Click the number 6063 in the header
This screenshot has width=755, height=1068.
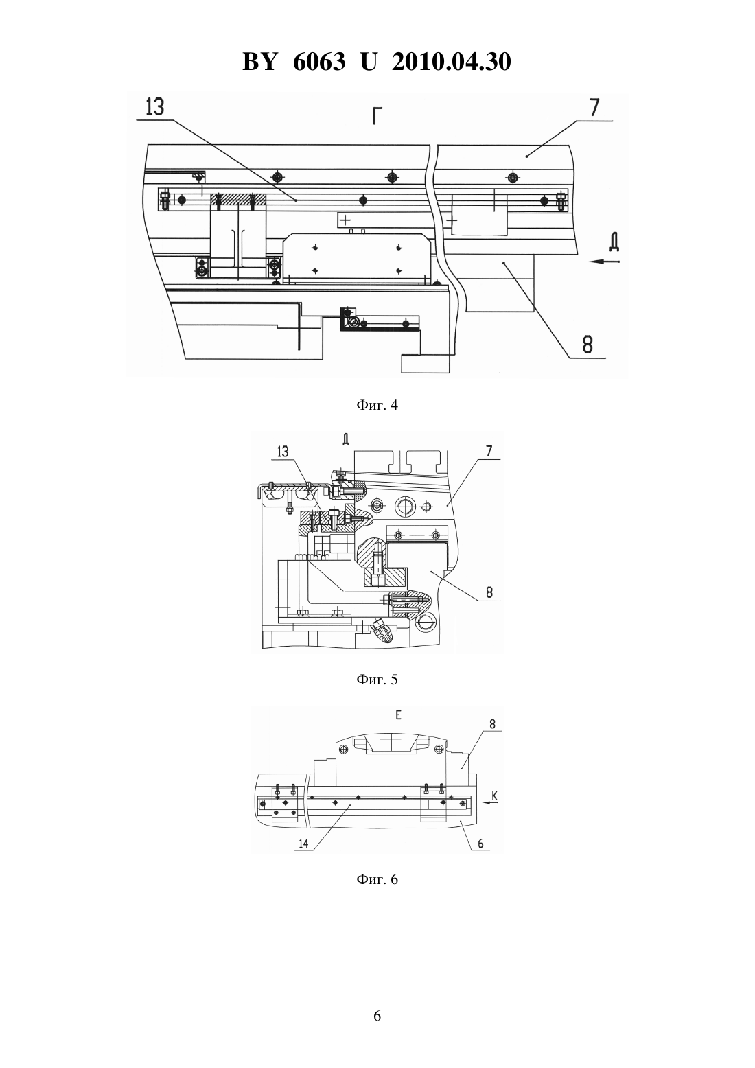click(x=319, y=62)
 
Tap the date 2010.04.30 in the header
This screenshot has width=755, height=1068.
click(x=452, y=62)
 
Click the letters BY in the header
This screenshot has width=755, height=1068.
click(x=259, y=62)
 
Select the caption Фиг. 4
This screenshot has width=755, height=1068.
click(x=377, y=405)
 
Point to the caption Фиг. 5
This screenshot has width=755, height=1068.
click(x=377, y=680)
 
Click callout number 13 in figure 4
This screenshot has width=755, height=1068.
click(x=155, y=107)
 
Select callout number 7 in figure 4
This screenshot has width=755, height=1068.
click(x=594, y=107)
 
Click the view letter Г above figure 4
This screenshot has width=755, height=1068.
click(x=377, y=116)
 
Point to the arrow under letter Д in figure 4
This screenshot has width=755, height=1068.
click(x=604, y=262)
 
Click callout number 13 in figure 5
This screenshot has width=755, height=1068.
click(x=283, y=451)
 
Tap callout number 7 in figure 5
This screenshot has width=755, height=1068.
click(x=489, y=450)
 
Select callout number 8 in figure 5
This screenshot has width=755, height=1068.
click(x=489, y=592)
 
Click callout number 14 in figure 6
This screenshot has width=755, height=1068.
click(x=303, y=844)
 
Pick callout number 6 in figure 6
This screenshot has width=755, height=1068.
click(x=480, y=843)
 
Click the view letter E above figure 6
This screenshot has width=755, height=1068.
click(x=399, y=715)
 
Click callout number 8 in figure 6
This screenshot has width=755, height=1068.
click(x=493, y=723)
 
